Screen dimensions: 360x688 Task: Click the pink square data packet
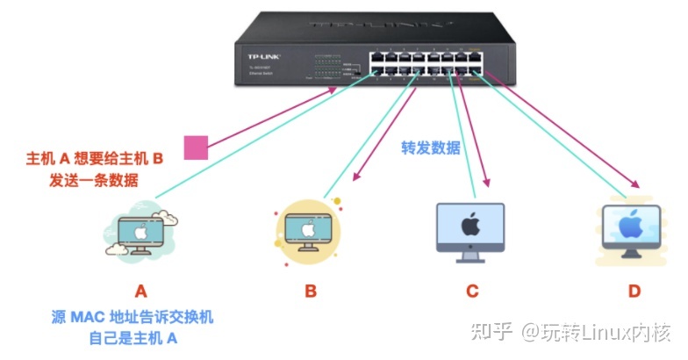tap(195, 148)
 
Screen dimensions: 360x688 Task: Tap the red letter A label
tap(140, 291)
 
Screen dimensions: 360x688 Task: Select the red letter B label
tap(310, 291)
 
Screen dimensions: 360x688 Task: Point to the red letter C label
tap(471, 291)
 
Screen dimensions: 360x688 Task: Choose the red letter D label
tap(633, 291)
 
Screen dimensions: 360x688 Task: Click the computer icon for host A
tap(140, 231)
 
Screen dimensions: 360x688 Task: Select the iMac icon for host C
tap(470, 231)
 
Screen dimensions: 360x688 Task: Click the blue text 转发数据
tap(431, 148)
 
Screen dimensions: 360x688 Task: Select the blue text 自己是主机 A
tap(140, 337)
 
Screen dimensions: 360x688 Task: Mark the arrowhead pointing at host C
tap(484, 186)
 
